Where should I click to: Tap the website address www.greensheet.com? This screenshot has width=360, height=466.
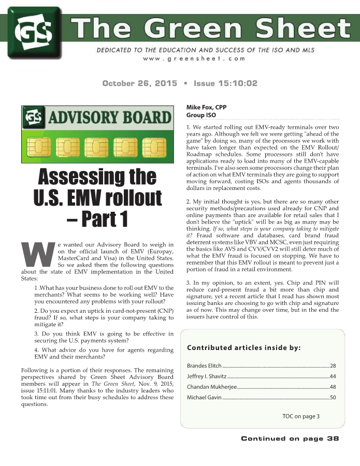pos(194,59)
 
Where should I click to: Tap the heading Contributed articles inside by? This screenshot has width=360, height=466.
pos(243,347)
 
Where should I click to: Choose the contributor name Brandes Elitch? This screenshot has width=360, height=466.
pos(204,366)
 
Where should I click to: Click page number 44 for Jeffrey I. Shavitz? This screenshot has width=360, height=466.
pos(333,376)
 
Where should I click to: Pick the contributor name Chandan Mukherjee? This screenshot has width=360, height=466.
pos(210,387)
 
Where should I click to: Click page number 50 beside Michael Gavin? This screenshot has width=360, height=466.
pos(333,397)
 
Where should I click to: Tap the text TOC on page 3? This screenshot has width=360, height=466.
pos(301,416)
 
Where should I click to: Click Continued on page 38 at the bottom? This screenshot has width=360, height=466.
pos(290,439)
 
